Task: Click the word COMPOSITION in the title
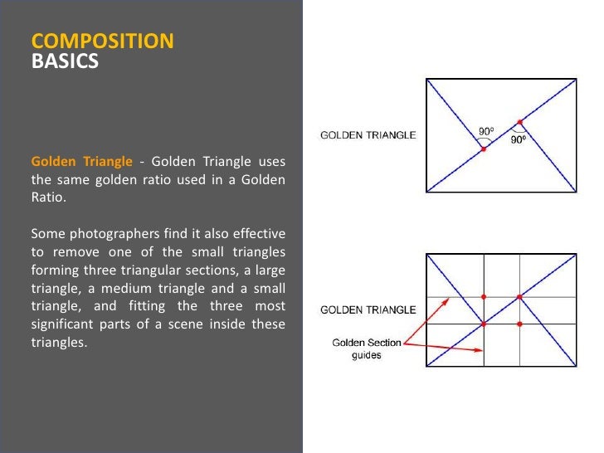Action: pos(102,41)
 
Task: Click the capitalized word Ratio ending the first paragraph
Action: pos(47,197)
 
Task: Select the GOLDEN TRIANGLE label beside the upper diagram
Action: pos(368,135)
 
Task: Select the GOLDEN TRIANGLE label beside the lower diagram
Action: pos(368,309)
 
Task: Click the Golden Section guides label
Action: pos(366,348)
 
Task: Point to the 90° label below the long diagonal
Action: pos(518,141)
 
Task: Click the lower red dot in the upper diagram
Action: pos(484,149)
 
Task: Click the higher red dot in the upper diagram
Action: pos(520,122)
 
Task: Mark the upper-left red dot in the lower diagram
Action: pos(484,296)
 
